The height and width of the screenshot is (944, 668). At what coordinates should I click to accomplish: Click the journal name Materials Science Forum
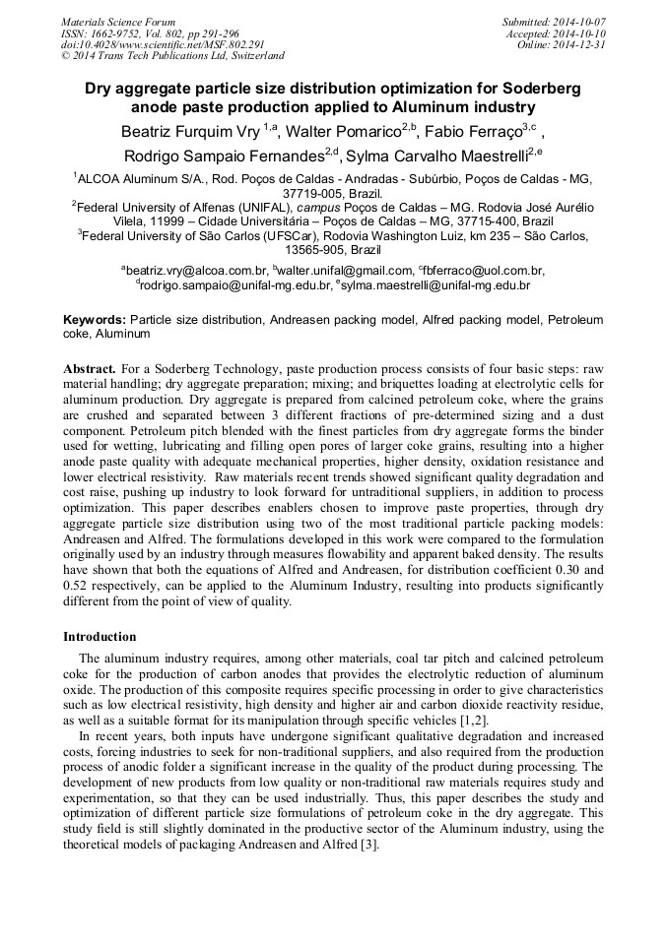(118, 22)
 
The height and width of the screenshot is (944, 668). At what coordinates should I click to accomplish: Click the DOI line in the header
(163, 45)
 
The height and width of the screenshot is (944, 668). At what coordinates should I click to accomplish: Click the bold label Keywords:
(95, 320)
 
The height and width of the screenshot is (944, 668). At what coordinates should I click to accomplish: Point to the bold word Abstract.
(90, 366)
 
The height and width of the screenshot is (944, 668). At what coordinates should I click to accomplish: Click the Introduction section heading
(100, 637)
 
